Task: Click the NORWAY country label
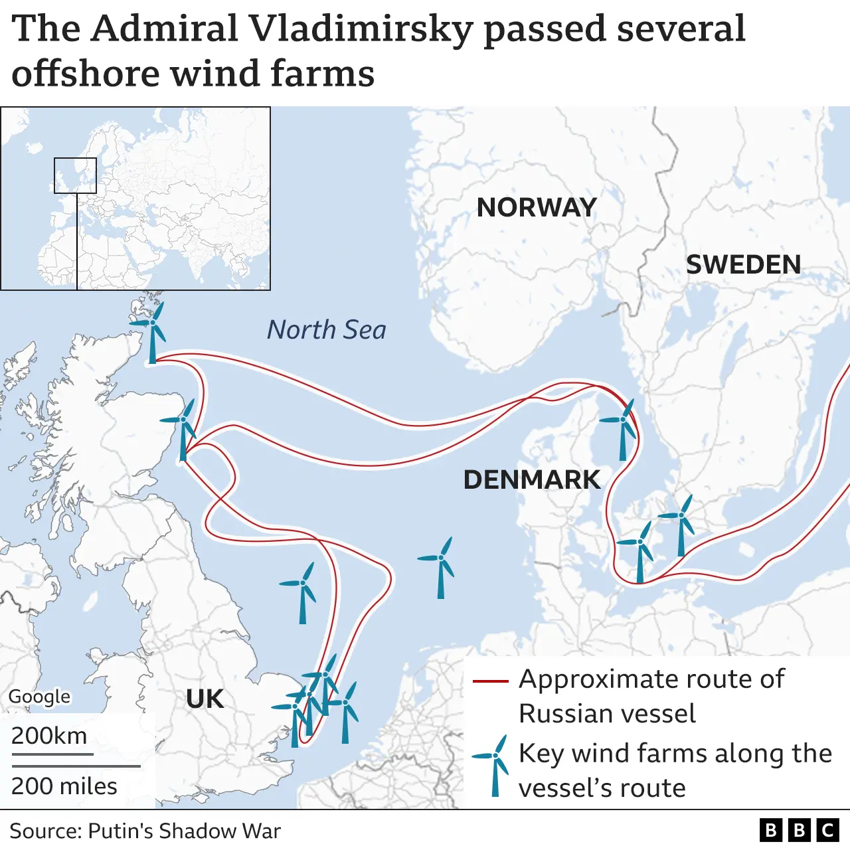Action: coord(537,208)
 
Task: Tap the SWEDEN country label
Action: coord(743,265)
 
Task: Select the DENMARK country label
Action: coord(531,479)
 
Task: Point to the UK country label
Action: coord(205,699)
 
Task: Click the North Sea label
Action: coord(326,330)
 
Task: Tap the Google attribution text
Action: coord(39,697)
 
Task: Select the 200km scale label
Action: coord(49,736)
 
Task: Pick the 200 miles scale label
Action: coord(64,786)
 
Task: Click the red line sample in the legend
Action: coord(490,681)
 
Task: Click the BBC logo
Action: coord(800,830)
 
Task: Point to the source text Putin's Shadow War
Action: coord(184,831)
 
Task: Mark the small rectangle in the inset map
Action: coord(75,175)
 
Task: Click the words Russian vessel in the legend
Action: coord(607,714)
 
